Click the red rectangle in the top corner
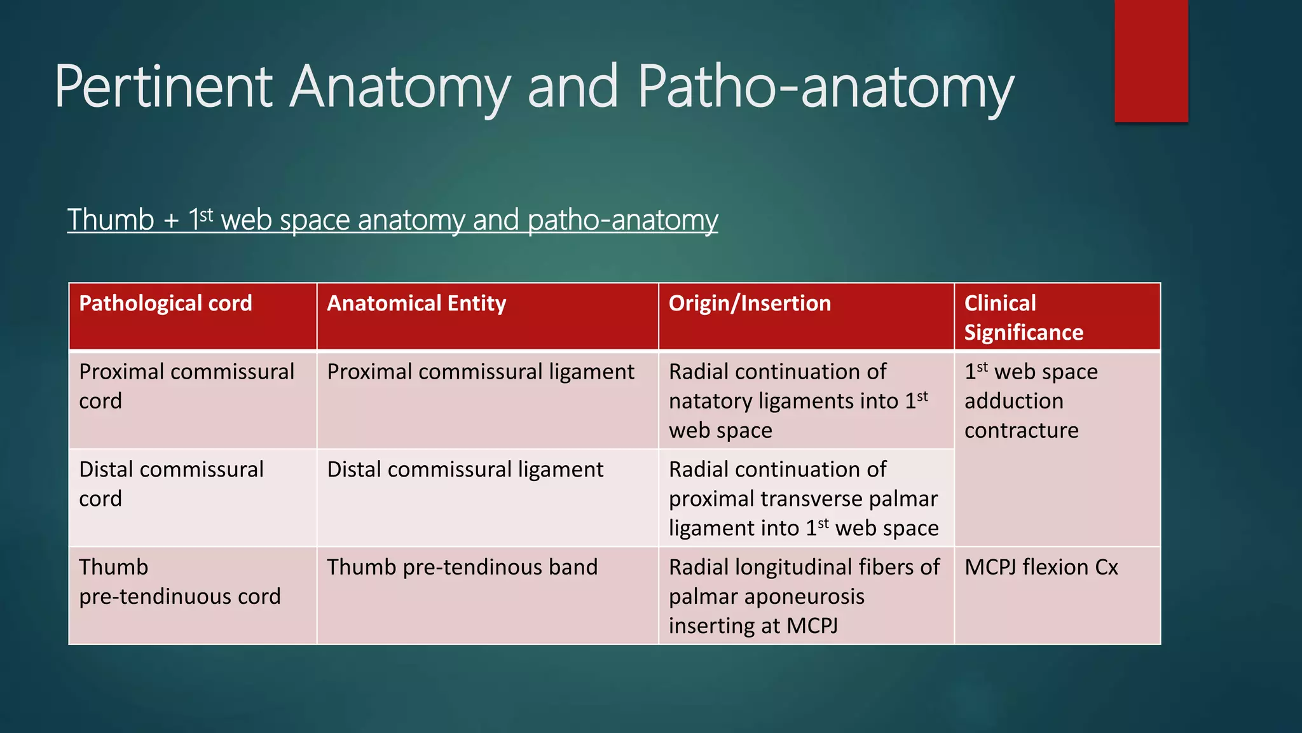[1151, 61]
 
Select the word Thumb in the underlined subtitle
[111, 220]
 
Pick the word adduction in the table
[1013, 401]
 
